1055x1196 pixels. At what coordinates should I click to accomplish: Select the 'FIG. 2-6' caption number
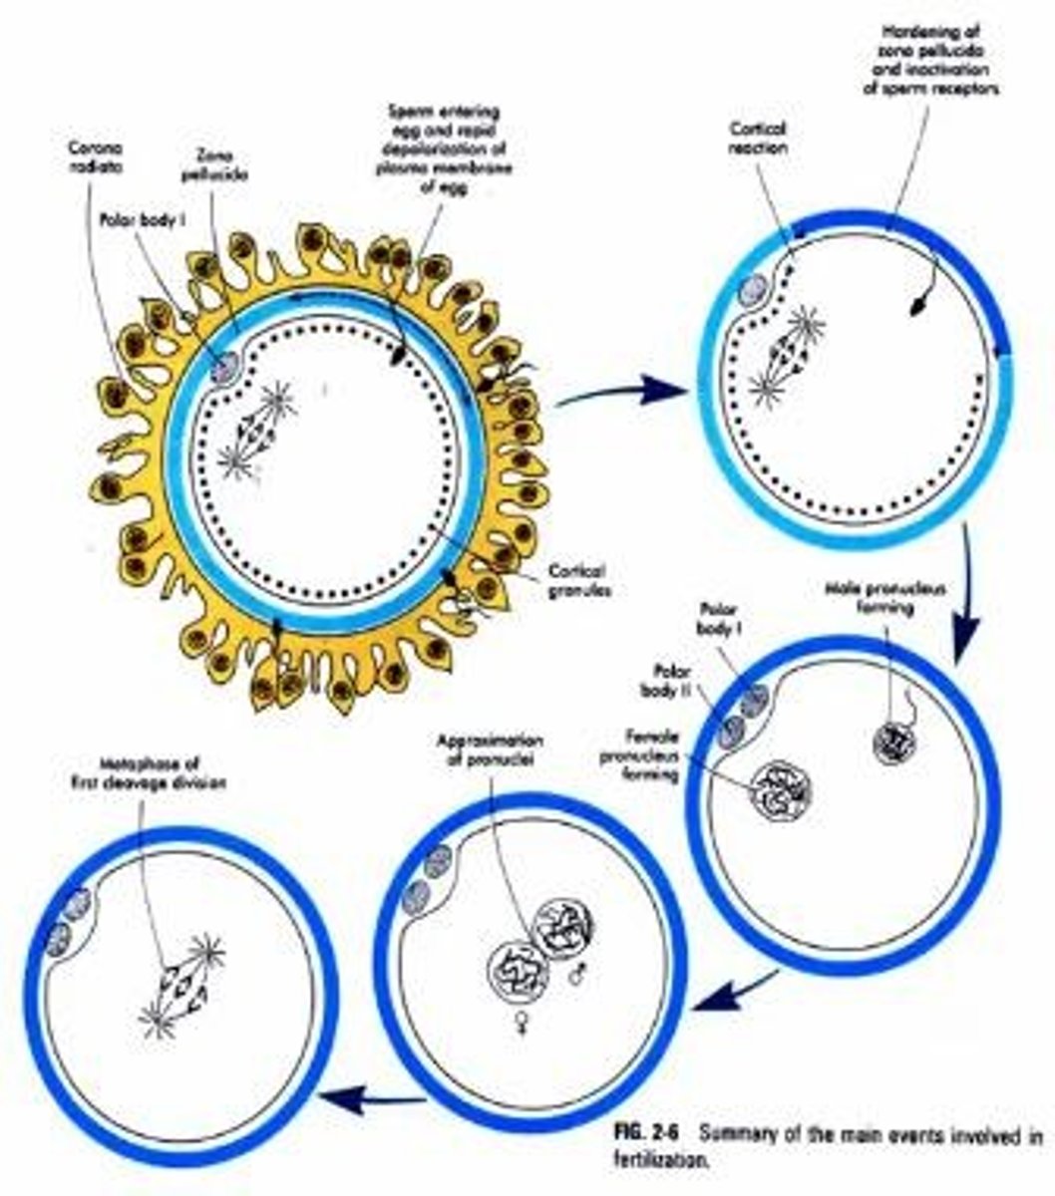coord(641,1133)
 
